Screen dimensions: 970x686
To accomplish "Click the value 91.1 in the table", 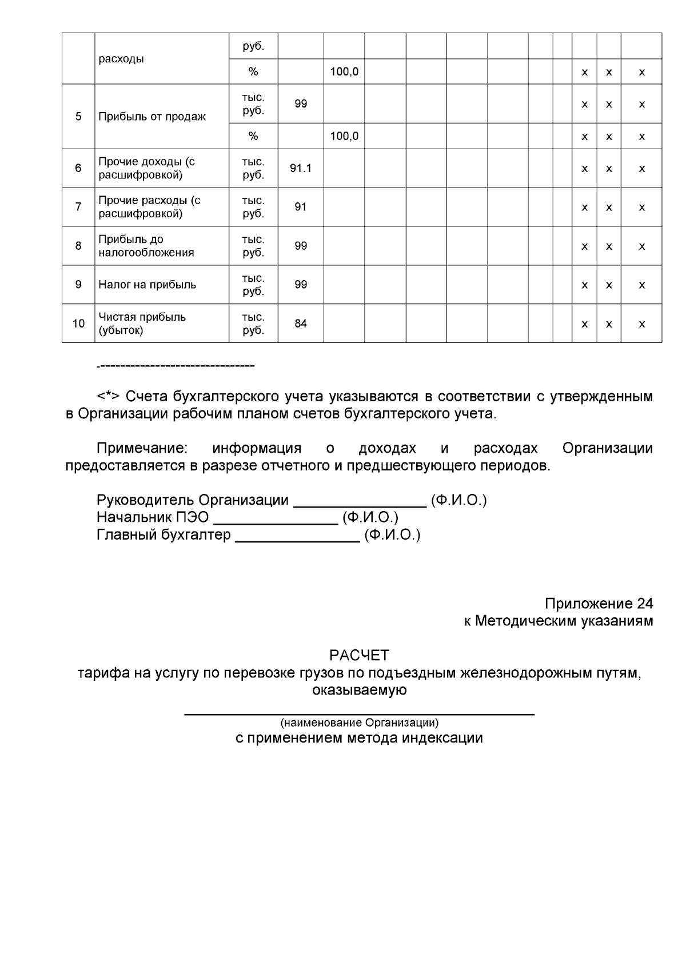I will (x=301, y=168).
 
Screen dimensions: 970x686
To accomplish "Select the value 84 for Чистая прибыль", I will (x=301, y=324).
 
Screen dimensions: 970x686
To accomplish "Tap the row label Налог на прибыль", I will (x=147, y=285).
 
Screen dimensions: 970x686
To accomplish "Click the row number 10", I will (x=78, y=324).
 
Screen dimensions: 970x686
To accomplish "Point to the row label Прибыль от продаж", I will (x=152, y=117).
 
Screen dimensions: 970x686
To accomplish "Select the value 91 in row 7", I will (x=301, y=207).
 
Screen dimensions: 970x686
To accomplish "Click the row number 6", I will (x=78, y=168).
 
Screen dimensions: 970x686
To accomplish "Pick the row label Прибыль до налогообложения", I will (x=146, y=246).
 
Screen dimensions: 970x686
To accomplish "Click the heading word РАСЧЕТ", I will (x=359, y=655).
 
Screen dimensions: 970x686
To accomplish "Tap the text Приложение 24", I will (x=599, y=604).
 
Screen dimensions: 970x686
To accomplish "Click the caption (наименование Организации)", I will (x=359, y=722).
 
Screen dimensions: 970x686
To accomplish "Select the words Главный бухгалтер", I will (x=163, y=535).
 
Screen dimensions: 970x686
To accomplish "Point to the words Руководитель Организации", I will (x=192, y=500).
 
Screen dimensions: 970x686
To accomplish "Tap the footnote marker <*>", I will (x=108, y=397).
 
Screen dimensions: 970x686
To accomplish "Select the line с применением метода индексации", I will (x=359, y=738).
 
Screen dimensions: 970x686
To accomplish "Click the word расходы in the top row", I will (x=121, y=59).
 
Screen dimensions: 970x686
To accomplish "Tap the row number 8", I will (x=78, y=246).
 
